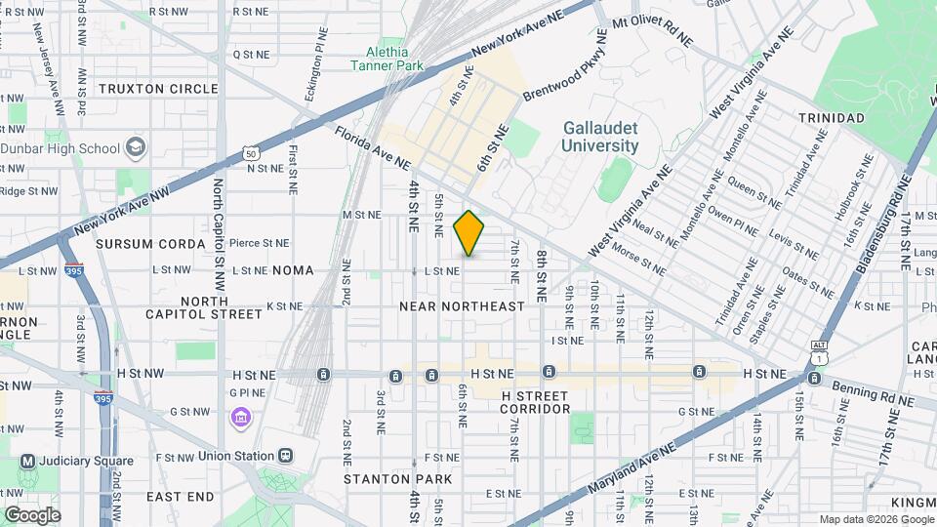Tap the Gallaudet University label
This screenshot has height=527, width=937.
click(600, 138)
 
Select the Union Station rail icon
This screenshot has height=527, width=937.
click(285, 456)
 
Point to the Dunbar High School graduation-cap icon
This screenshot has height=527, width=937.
click(136, 148)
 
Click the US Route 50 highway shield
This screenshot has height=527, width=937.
click(251, 154)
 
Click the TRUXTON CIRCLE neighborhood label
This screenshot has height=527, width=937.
click(144, 89)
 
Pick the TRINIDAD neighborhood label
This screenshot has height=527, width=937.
click(831, 118)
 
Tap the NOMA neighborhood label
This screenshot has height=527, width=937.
click(293, 270)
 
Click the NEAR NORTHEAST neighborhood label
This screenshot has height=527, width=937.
click(462, 306)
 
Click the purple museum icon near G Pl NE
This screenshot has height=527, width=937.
click(240, 419)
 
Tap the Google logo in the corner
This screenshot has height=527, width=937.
click(32, 514)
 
